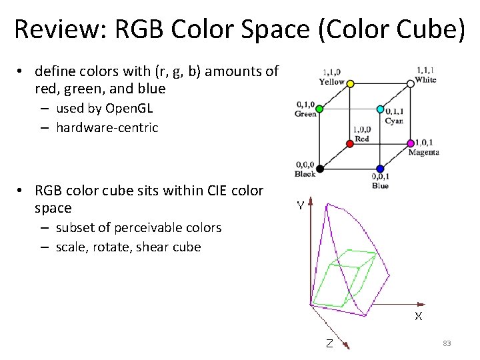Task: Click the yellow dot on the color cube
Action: (350, 83)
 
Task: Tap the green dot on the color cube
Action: (319, 108)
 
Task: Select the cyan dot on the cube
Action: (380, 109)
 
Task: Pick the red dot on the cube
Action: (350, 143)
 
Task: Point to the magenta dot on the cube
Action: (411, 143)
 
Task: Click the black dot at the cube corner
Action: (319, 168)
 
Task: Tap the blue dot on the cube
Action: (380, 169)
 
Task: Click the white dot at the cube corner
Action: (411, 84)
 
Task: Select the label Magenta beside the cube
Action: (423, 153)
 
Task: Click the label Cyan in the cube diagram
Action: (393, 121)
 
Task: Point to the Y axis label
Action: (301, 206)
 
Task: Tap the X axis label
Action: (418, 316)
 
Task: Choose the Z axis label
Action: (329, 344)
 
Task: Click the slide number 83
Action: (447, 343)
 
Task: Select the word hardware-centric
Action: (107, 127)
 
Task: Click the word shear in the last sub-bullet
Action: (155, 247)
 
